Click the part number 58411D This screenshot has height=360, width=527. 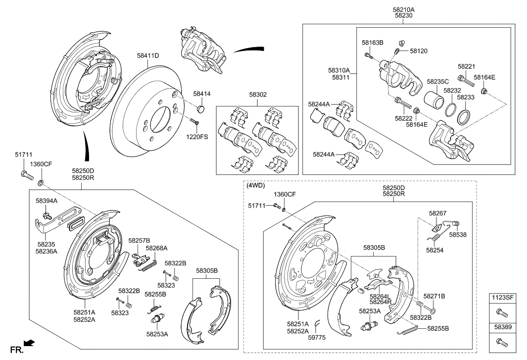(148, 55)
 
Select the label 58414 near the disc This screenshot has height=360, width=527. (201, 93)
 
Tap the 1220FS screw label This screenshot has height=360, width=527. (196, 136)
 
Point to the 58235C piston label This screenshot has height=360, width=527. (437, 81)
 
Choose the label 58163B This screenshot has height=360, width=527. (372, 43)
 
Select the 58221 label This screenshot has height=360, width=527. (466, 66)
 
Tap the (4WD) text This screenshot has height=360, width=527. (256, 186)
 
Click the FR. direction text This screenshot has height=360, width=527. (17, 350)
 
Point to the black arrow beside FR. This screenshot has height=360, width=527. (29, 342)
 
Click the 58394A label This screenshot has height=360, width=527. (47, 201)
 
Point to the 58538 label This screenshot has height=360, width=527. (458, 234)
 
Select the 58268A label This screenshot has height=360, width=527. (156, 248)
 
